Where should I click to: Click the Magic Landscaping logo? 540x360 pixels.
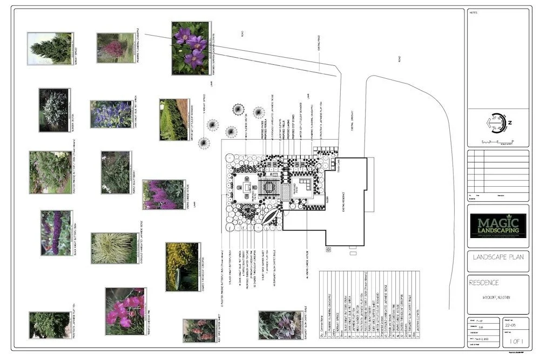coord(497,226)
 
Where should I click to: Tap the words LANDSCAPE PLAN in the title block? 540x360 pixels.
coord(497,258)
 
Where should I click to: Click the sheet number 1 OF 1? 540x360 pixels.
coord(512,343)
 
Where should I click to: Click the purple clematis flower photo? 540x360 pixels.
coord(190,47)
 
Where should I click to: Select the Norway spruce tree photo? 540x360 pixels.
coord(50,48)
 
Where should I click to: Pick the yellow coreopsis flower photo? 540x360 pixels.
coord(183,266)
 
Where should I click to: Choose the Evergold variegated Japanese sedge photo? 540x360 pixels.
coord(113,248)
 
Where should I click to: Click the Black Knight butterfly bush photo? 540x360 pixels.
coord(56,233)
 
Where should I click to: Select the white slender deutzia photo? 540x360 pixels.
coord(53,110)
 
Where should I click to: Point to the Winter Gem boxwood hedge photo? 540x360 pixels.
coord(174,119)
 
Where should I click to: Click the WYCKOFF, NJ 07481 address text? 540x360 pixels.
coord(497,297)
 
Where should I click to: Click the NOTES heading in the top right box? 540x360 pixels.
coord(474,12)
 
